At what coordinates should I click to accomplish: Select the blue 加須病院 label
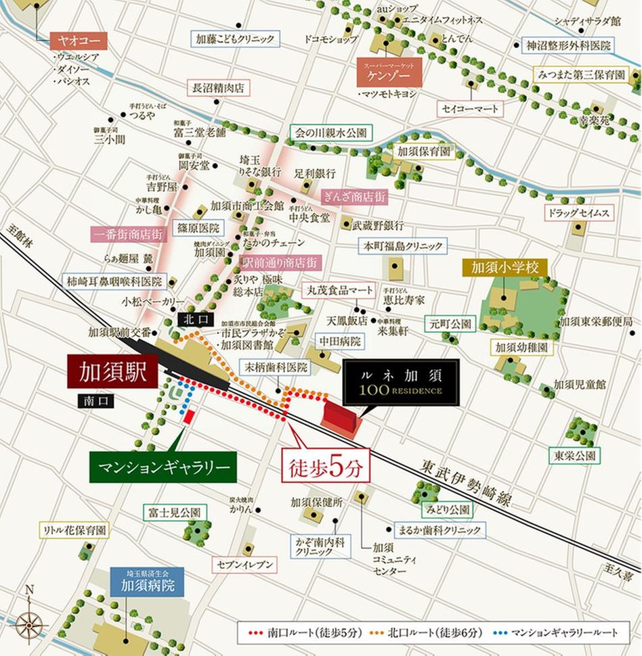(x=148, y=581)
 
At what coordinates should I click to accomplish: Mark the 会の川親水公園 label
(x=331, y=133)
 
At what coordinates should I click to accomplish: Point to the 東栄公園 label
(x=574, y=455)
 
